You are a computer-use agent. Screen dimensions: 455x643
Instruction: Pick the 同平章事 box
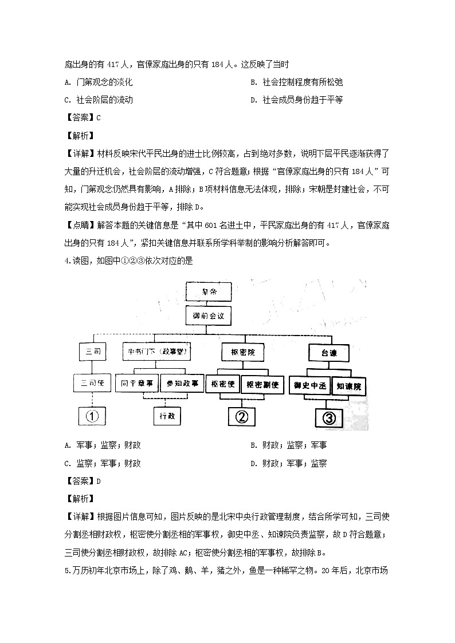[136, 383]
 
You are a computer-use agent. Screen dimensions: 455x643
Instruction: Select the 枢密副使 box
[261, 385]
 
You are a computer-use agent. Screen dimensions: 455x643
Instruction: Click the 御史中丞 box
[309, 386]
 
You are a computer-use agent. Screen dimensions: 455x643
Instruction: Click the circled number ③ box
[328, 417]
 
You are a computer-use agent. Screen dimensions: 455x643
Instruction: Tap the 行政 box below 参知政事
[166, 416]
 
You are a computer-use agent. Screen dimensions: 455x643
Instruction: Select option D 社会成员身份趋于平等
[297, 100]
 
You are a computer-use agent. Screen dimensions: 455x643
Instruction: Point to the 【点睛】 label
[80, 225]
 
